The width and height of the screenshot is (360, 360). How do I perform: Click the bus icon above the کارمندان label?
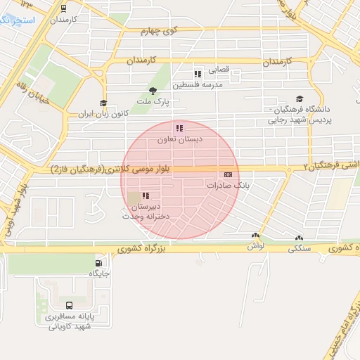[x=63, y=9]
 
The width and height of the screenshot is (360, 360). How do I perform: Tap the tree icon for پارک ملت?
[x=153, y=90]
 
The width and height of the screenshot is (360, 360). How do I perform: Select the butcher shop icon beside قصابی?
[x=198, y=73]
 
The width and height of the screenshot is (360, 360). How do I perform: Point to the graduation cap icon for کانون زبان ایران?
[x=103, y=103]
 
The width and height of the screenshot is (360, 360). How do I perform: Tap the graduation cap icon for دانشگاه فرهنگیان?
[x=300, y=99]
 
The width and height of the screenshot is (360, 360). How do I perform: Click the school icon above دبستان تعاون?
[x=179, y=128]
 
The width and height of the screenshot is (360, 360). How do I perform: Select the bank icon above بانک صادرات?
[x=228, y=174]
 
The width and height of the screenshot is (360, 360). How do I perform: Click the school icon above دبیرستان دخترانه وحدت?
[x=145, y=195]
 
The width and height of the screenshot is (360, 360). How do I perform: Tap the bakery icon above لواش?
[x=255, y=236]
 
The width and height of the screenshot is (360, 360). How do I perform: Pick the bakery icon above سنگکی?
[x=300, y=238]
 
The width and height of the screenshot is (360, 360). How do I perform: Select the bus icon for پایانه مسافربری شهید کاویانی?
[x=69, y=306]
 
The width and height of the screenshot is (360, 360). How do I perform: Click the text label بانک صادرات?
[x=228, y=185]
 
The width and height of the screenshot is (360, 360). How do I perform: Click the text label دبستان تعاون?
[x=179, y=139]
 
